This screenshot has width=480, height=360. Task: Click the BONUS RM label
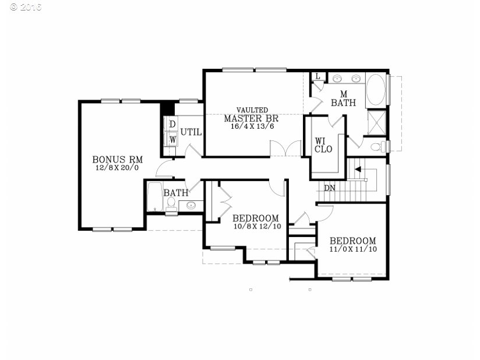click(x=118, y=160)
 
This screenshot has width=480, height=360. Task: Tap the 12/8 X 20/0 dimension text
click(x=117, y=168)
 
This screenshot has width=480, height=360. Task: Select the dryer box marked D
click(x=172, y=124)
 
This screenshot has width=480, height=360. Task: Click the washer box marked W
click(x=172, y=139)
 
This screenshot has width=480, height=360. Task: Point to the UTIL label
click(x=191, y=132)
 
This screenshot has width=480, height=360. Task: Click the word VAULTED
click(x=252, y=110)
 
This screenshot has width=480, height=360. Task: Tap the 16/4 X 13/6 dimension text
click(x=252, y=126)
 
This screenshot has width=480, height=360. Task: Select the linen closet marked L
click(x=317, y=76)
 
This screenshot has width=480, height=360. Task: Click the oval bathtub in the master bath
click(x=376, y=89)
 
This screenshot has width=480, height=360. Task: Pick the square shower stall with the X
click(x=377, y=123)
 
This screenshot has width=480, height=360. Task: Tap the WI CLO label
click(x=323, y=145)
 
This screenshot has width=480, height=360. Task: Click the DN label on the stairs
click(x=330, y=188)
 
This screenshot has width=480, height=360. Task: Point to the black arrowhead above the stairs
click(x=358, y=170)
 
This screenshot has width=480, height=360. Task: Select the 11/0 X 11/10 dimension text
click(x=353, y=249)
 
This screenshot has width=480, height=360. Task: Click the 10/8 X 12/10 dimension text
click(x=257, y=227)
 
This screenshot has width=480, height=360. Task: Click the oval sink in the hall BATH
click(x=191, y=205)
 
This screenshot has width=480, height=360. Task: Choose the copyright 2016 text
click(x=26, y=7)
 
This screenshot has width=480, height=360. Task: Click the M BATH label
click(x=344, y=98)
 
